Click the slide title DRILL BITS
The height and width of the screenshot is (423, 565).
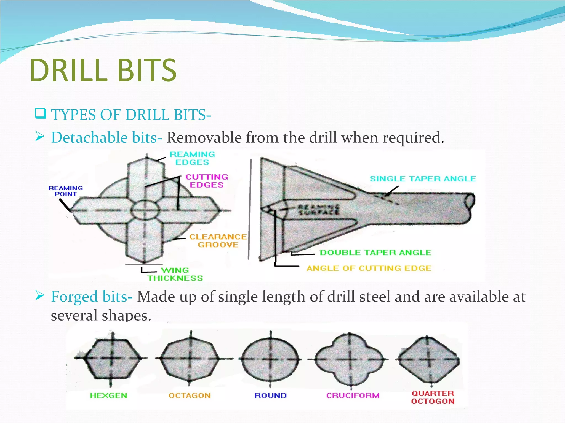pyautogui.click(x=103, y=70)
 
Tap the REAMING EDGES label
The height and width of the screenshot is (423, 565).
pyautogui.click(x=192, y=158)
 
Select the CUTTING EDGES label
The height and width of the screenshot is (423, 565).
pyautogui.click(x=207, y=181)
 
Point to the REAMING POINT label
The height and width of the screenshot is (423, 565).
pyautogui.click(x=66, y=191)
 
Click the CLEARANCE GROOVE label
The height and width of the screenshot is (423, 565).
pyautogui.click(x=218, y=241)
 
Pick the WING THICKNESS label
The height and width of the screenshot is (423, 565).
pyautogui.click(x=175, y=274)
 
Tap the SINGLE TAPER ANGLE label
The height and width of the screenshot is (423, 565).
pyautogui.click(x=423, y=179)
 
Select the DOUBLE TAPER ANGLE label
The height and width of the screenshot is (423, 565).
pyautogui.click(x=375, y=253)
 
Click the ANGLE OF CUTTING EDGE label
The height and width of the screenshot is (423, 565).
pyautogui.click(x=369, y=268)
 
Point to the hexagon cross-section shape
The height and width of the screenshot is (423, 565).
pyautogui.click(x=111, y=358)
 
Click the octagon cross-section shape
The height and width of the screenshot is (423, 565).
pyautogui.click(x=190, y=358)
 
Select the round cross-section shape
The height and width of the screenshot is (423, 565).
pyautogui.click(x=270, y=359)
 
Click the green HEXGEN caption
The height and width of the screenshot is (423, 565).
pyautogui.click(x=109, y=395)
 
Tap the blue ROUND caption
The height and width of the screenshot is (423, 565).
pyautogui.click(x=270, y=395)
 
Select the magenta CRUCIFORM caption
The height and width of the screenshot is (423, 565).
pyautogui.click(x=353, y=395)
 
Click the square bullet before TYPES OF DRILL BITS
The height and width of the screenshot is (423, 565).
pyautogui.click(x=40, y=113)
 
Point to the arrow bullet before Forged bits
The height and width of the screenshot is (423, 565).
pyautogui.click(x=40, y=296)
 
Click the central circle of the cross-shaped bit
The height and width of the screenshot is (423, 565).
pyautogui.click(x=145, y=210)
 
